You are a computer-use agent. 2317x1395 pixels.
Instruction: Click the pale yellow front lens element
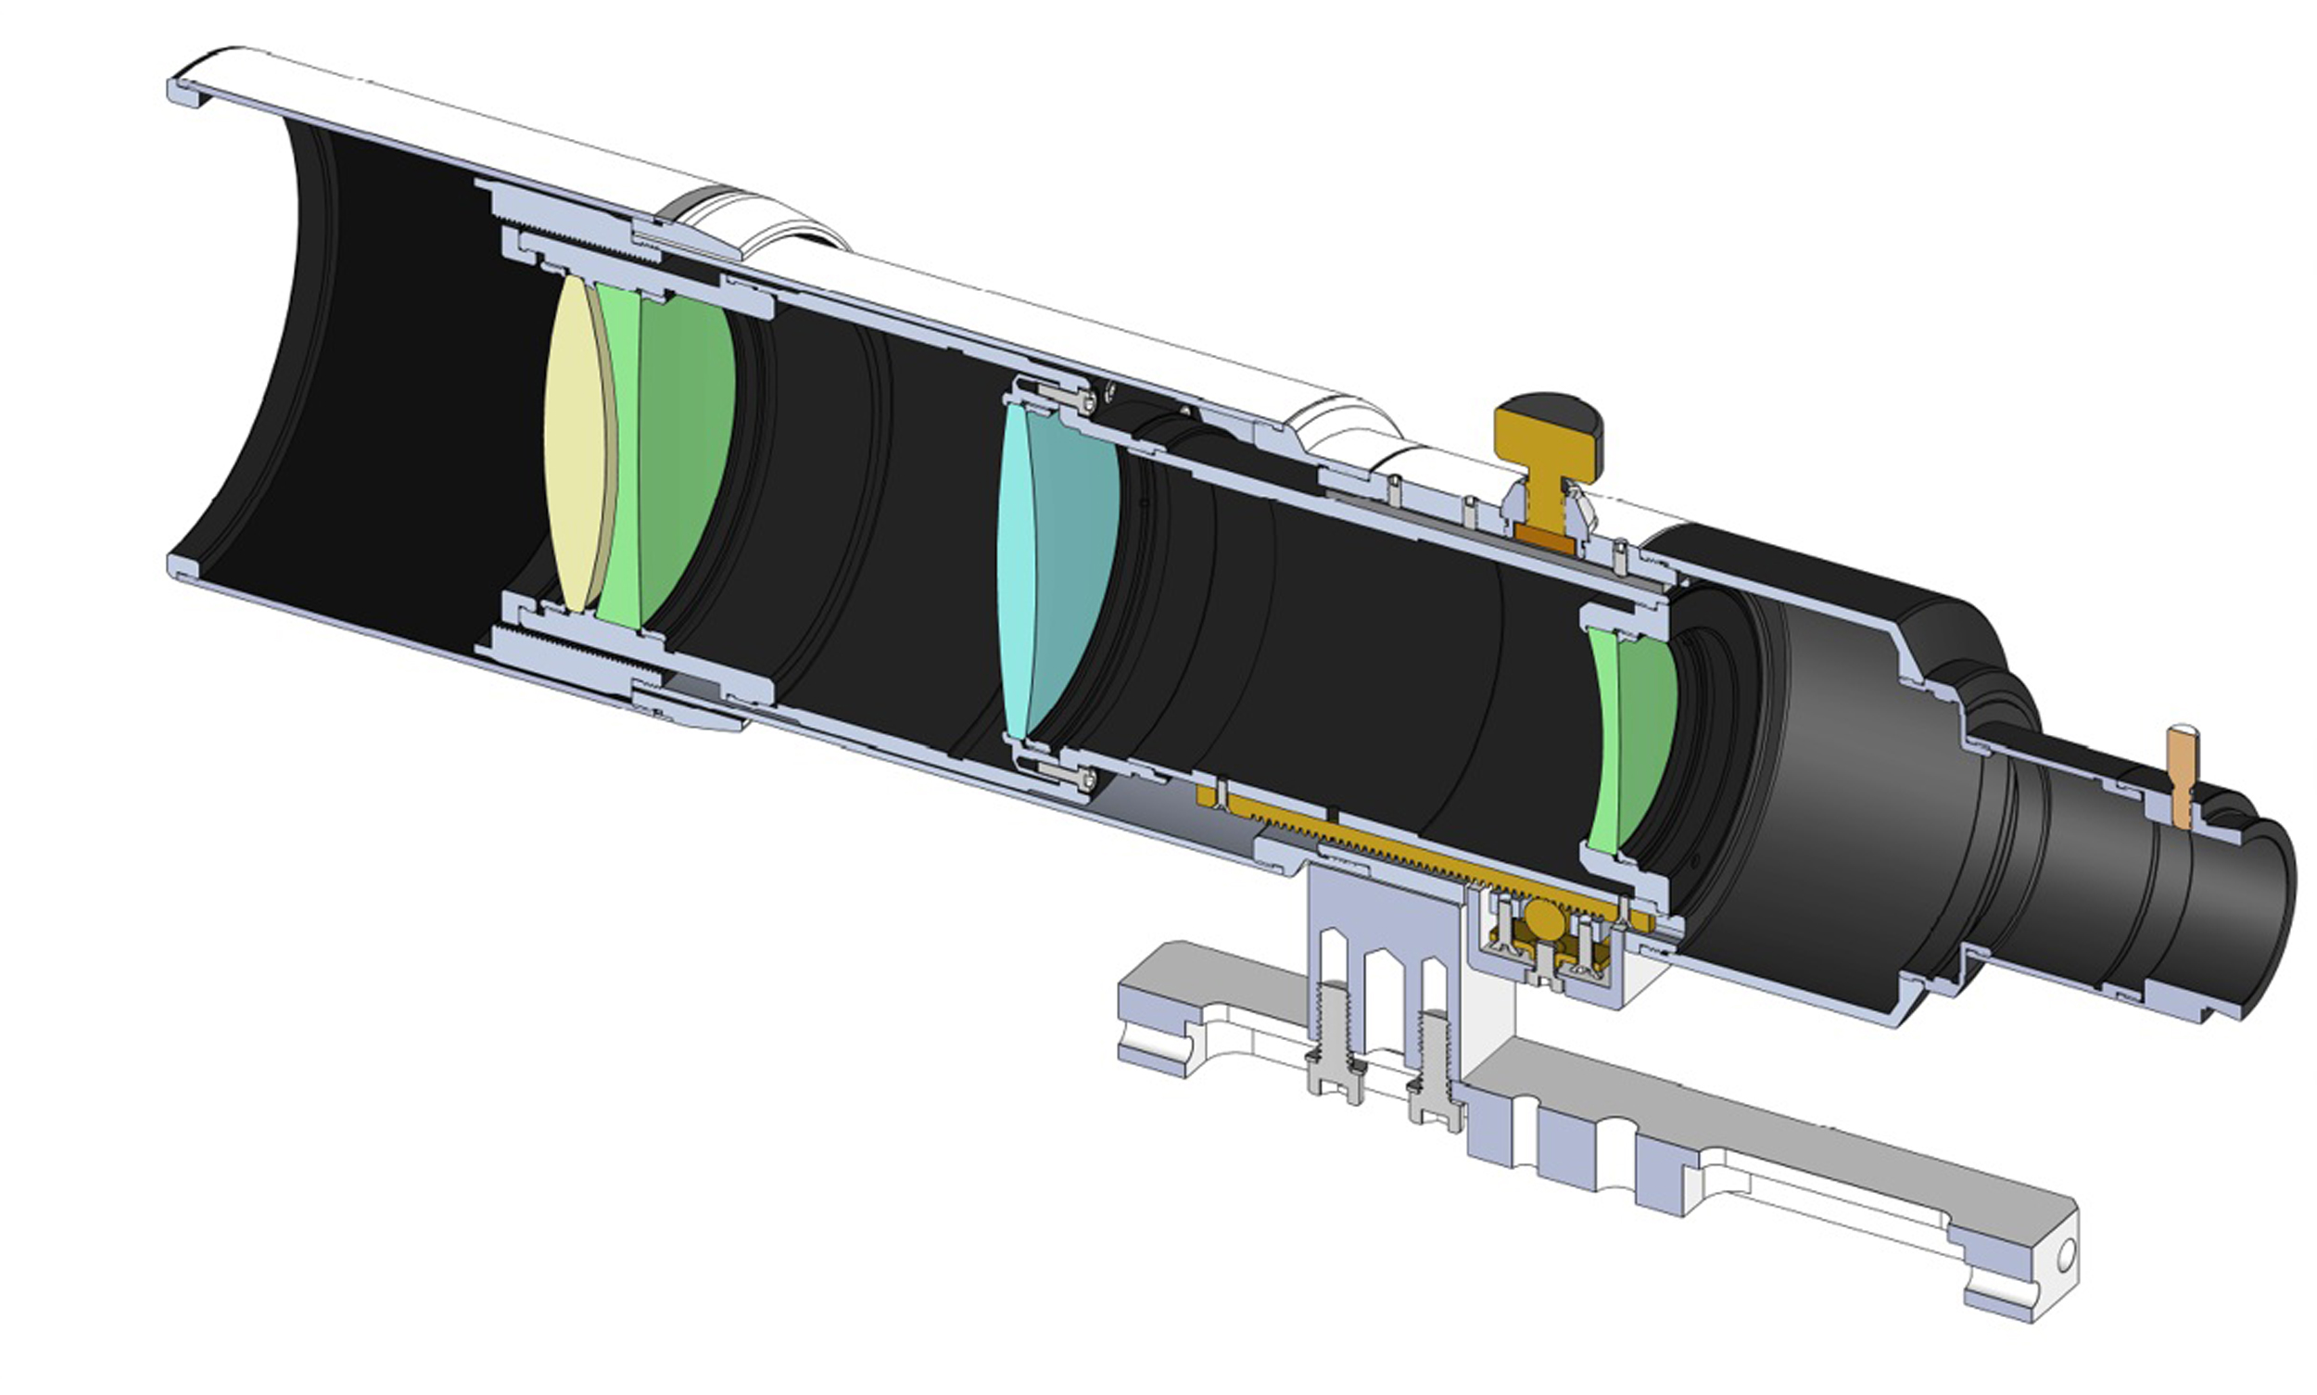click(576, 442)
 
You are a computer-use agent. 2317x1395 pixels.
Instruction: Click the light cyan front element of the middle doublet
click(1015, 574)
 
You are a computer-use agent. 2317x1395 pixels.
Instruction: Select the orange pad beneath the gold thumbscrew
click(1545, 539)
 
